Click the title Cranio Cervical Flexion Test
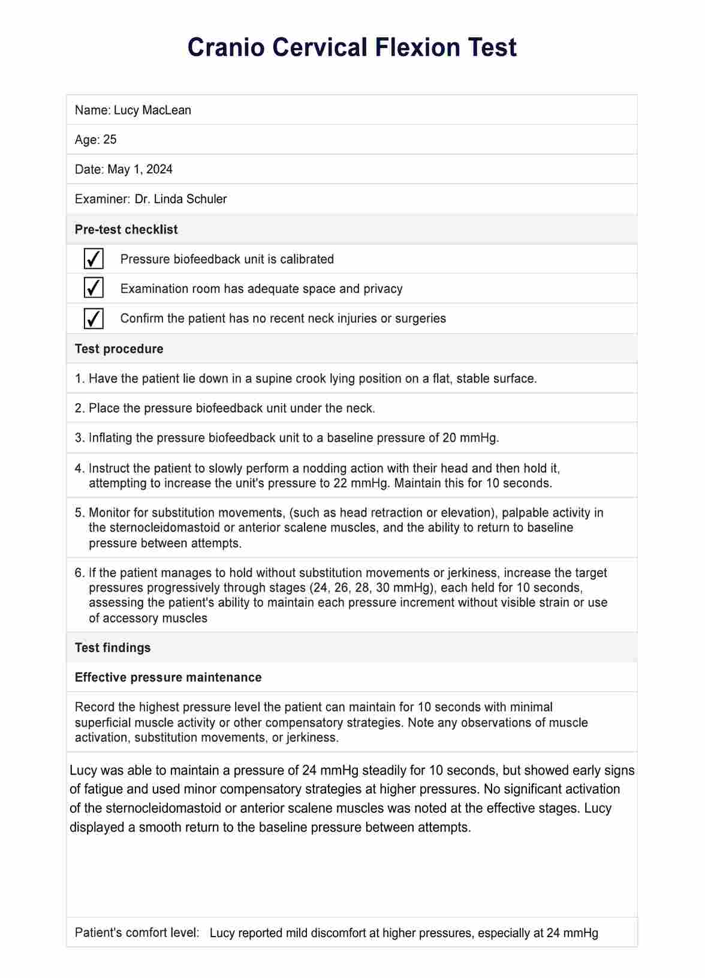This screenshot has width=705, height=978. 352,47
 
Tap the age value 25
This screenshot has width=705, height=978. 110,140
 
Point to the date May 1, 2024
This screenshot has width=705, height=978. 140,169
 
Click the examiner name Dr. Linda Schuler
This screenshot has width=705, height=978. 180,199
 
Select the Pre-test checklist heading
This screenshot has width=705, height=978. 126,229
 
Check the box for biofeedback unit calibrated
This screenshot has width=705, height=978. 94,259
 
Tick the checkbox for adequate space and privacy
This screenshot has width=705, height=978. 94,289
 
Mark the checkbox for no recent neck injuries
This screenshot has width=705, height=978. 94,319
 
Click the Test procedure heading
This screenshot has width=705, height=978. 119,349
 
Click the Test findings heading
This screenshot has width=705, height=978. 113,648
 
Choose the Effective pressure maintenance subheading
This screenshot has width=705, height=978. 168,677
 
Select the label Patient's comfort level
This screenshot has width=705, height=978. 137,933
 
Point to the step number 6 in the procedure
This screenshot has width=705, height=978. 79,573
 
